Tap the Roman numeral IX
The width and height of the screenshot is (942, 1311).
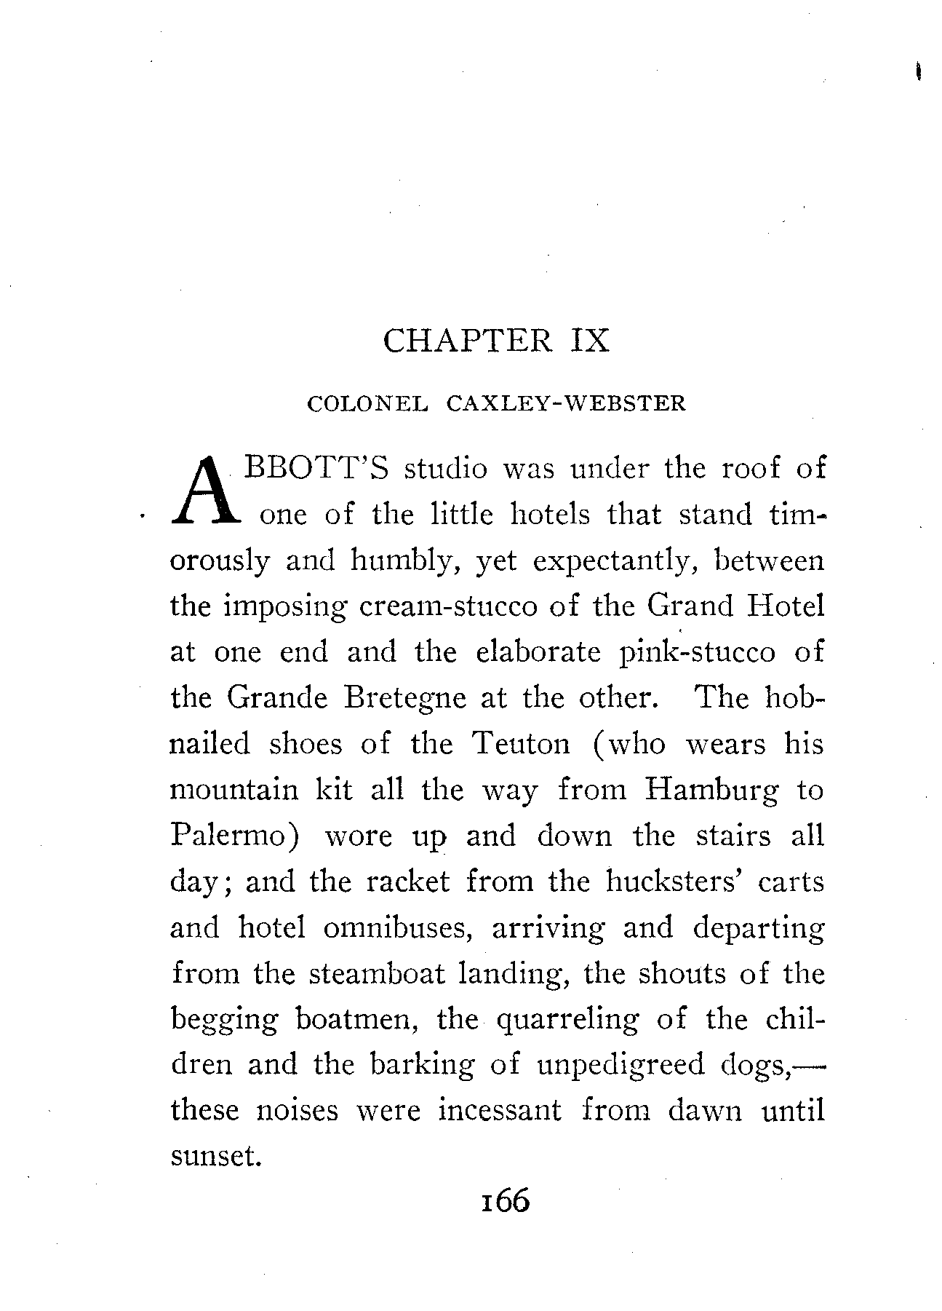point(586,341)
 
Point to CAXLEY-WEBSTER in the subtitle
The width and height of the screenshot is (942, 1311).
point(566,404)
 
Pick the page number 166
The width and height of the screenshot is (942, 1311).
point(502,1200)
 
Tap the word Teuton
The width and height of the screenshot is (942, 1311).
point(521,744)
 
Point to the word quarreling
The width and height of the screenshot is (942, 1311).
point(567,1020)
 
